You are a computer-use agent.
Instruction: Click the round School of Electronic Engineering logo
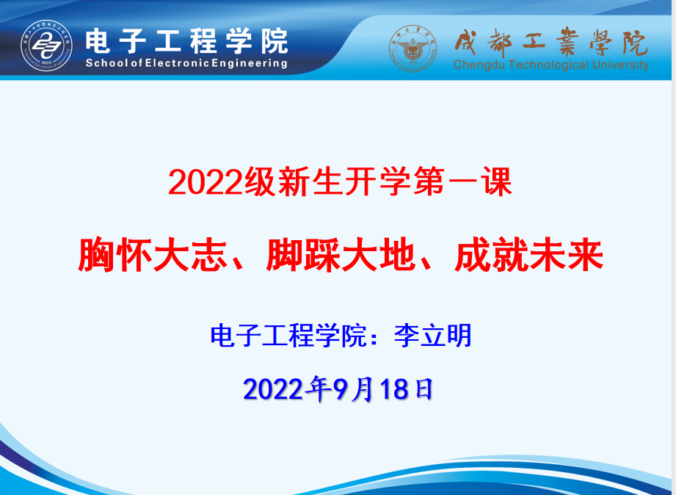point(46,46)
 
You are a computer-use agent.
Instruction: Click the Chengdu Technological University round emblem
point(413,48)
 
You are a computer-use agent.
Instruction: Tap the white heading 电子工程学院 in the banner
point(186,41)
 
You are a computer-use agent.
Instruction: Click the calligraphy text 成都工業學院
point(551,43)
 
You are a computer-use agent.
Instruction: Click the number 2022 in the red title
point(206,182)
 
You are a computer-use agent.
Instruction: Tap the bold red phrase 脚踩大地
point(341,255)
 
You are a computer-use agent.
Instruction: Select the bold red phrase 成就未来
point(529,255)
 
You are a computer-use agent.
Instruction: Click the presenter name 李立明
point(433,336)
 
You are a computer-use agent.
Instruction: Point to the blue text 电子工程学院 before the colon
point(288,336)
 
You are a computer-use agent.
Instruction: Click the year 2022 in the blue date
point(273,389)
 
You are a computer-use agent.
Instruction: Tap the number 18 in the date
point(394,389)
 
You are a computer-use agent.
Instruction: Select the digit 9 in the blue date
point(340,389)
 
